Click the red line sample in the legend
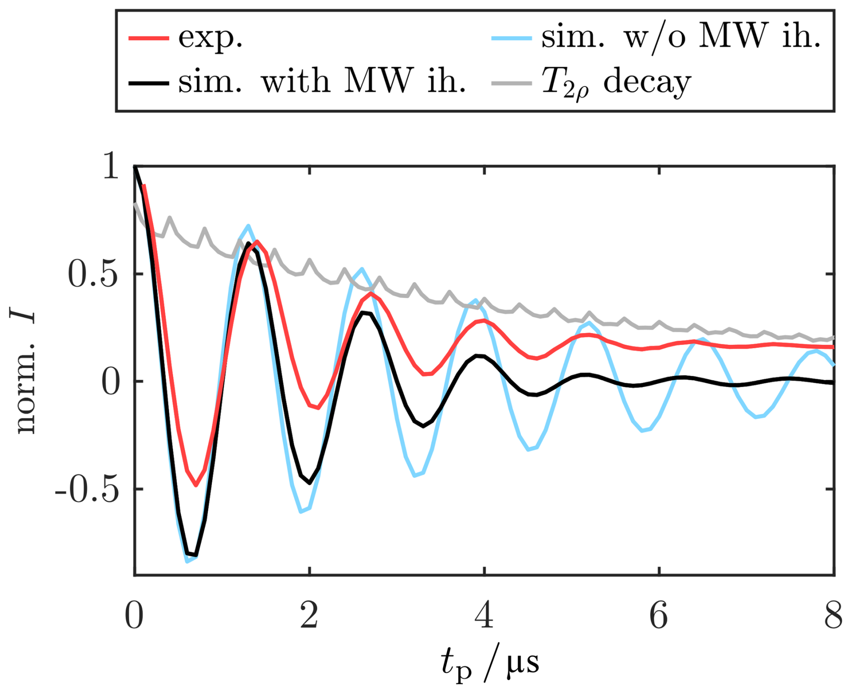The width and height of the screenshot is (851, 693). (x=148, y=38)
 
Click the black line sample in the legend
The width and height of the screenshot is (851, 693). (x=148, y=83)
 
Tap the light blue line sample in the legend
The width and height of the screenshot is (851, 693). (x=511, y=38)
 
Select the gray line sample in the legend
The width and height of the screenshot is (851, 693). (x=511, y=83)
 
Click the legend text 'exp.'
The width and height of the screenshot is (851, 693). (x=211, y=38)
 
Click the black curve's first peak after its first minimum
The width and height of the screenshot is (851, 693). (x=248, y=243)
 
